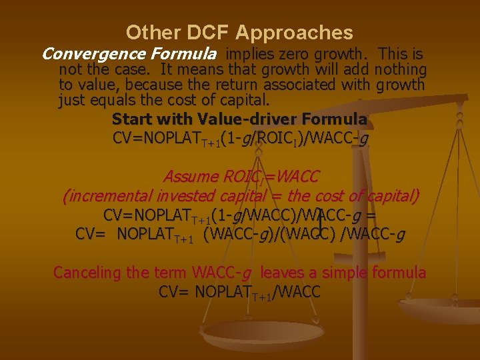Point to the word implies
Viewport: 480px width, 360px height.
250,53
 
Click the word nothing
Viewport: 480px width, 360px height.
401,69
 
